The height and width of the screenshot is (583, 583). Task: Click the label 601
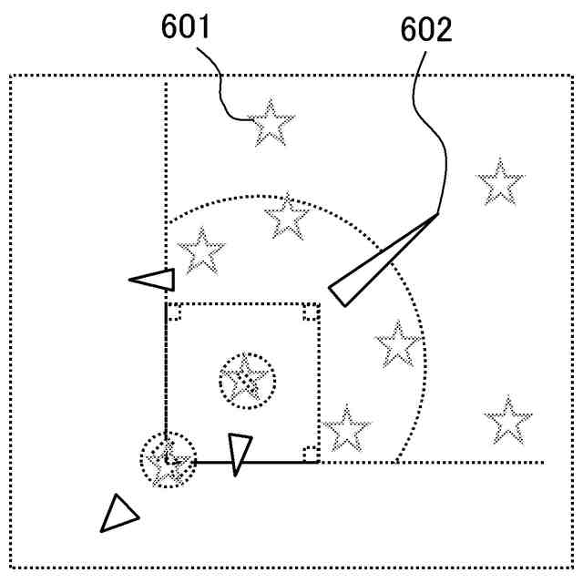click(x=186, y=27)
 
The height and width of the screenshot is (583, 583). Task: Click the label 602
click(x=425, y=31)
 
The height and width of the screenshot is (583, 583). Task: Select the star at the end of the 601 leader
click(x=271, y=124)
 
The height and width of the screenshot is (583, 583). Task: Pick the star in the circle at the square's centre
click(x=246, y=380)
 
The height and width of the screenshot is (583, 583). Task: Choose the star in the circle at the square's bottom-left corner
click(x=168, y=460)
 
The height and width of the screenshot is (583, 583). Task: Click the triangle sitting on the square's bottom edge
click(x=239, y=453)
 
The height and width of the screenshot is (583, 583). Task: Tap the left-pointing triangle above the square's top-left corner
click(x=155, y=280)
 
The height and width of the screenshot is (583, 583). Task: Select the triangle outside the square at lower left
click(x=118, y=514)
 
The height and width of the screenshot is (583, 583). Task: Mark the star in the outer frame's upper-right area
click(x=500, y=183)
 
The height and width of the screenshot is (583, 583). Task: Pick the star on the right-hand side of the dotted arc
click(x=398, y=345)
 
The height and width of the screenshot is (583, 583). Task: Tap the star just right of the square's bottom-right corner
click(x=346, y=428)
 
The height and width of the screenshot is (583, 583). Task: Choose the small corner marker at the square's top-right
click(x=312, y=312)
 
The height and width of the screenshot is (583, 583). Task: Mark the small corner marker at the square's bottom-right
click(x=311, y=454)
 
